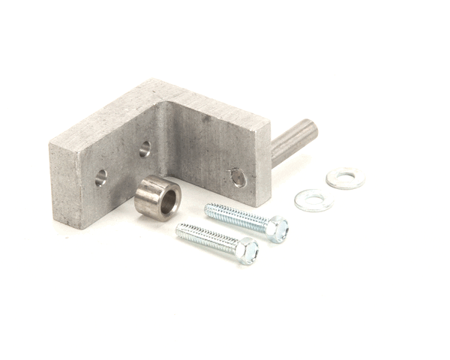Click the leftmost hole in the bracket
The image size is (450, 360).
tap(100, 178)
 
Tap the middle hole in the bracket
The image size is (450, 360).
tap(145, 148)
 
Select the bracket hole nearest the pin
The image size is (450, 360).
tap(238, 177)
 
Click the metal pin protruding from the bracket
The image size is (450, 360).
tap(293, 140)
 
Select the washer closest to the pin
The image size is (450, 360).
tap(346, 178)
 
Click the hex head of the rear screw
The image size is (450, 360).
tap(277, 228)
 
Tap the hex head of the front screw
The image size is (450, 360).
tap(247, 250)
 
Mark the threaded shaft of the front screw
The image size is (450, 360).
tap(206, 238)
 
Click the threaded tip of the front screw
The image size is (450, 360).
tap(181, 229)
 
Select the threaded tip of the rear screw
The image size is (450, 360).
tap(209, 208)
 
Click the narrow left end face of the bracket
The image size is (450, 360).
tap(64, 187)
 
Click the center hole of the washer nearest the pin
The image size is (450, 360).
tap(346, 178)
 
